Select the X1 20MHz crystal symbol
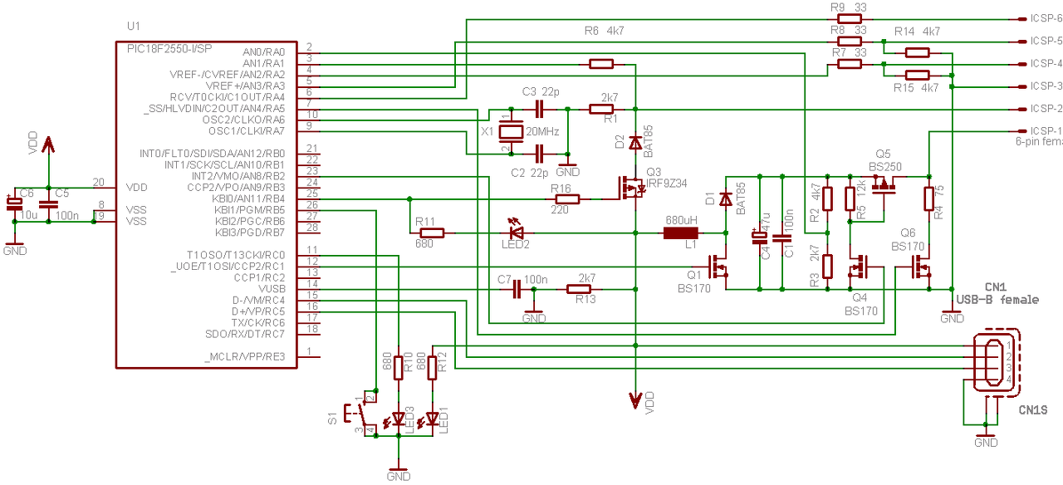(512, 131)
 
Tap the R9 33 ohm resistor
(849, 17)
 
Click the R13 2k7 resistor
(579, 289)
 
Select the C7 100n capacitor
(517, 289)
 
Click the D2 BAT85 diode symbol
(635, 144)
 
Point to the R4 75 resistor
(928, 198)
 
